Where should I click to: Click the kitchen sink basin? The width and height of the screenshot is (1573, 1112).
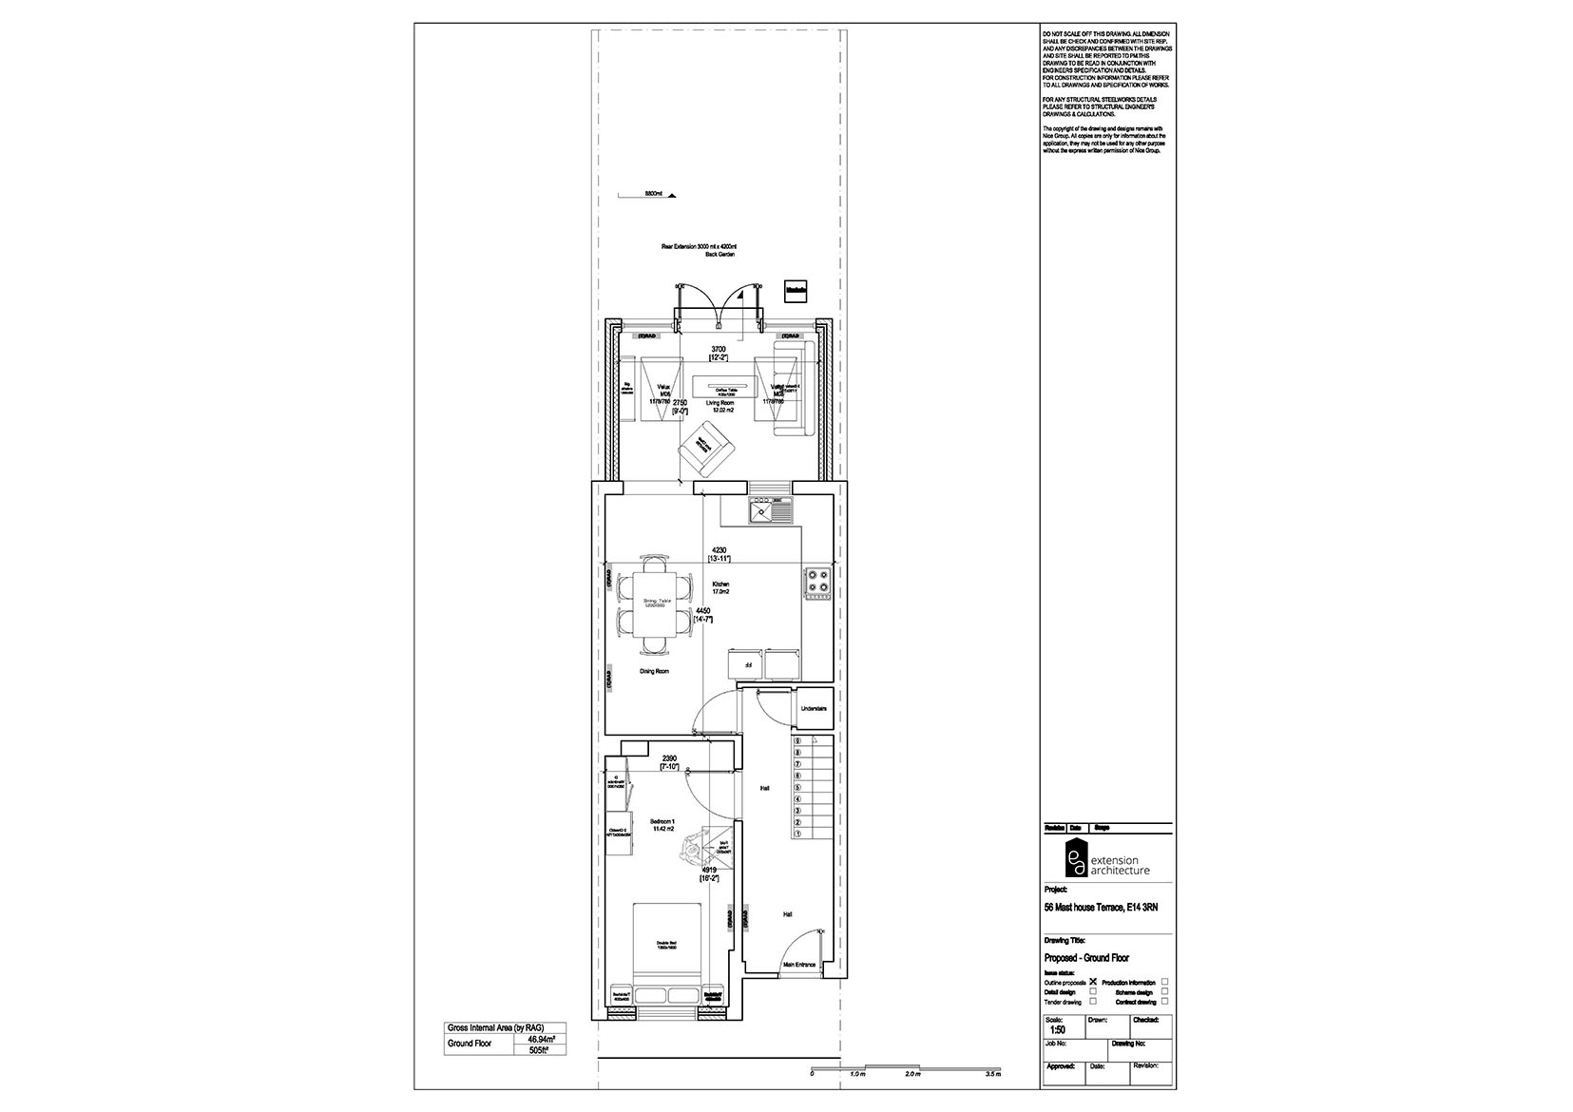[762, 513]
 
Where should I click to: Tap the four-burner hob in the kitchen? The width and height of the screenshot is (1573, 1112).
[817, 583]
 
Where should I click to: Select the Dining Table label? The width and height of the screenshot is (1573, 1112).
[657, 603]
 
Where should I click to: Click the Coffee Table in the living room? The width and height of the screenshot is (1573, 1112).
[726, 387]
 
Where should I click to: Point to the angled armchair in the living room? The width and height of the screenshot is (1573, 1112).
[704, 451]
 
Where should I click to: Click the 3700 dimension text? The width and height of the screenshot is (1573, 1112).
[719, 351]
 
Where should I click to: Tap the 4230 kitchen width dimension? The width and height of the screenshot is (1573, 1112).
[719, 550]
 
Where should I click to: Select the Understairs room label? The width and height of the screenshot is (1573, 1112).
[814, 709]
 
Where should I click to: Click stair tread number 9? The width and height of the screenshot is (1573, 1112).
[798, 741]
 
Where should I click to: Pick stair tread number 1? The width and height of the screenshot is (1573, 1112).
[798, 834]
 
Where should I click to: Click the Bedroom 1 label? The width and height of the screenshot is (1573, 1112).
[662, 821]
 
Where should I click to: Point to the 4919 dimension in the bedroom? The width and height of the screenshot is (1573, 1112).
[708, 870]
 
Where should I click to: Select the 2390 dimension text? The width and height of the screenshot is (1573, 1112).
[669, 758]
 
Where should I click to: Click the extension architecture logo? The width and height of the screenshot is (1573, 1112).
[1106, 859]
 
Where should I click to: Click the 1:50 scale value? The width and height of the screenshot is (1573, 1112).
[1056, 1029]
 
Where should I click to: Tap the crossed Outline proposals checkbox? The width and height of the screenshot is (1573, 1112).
[1093, 982]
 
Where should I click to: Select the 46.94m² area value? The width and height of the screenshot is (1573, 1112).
[540, 1040]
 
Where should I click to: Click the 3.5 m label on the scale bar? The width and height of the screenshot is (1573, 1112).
[993, 1074]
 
